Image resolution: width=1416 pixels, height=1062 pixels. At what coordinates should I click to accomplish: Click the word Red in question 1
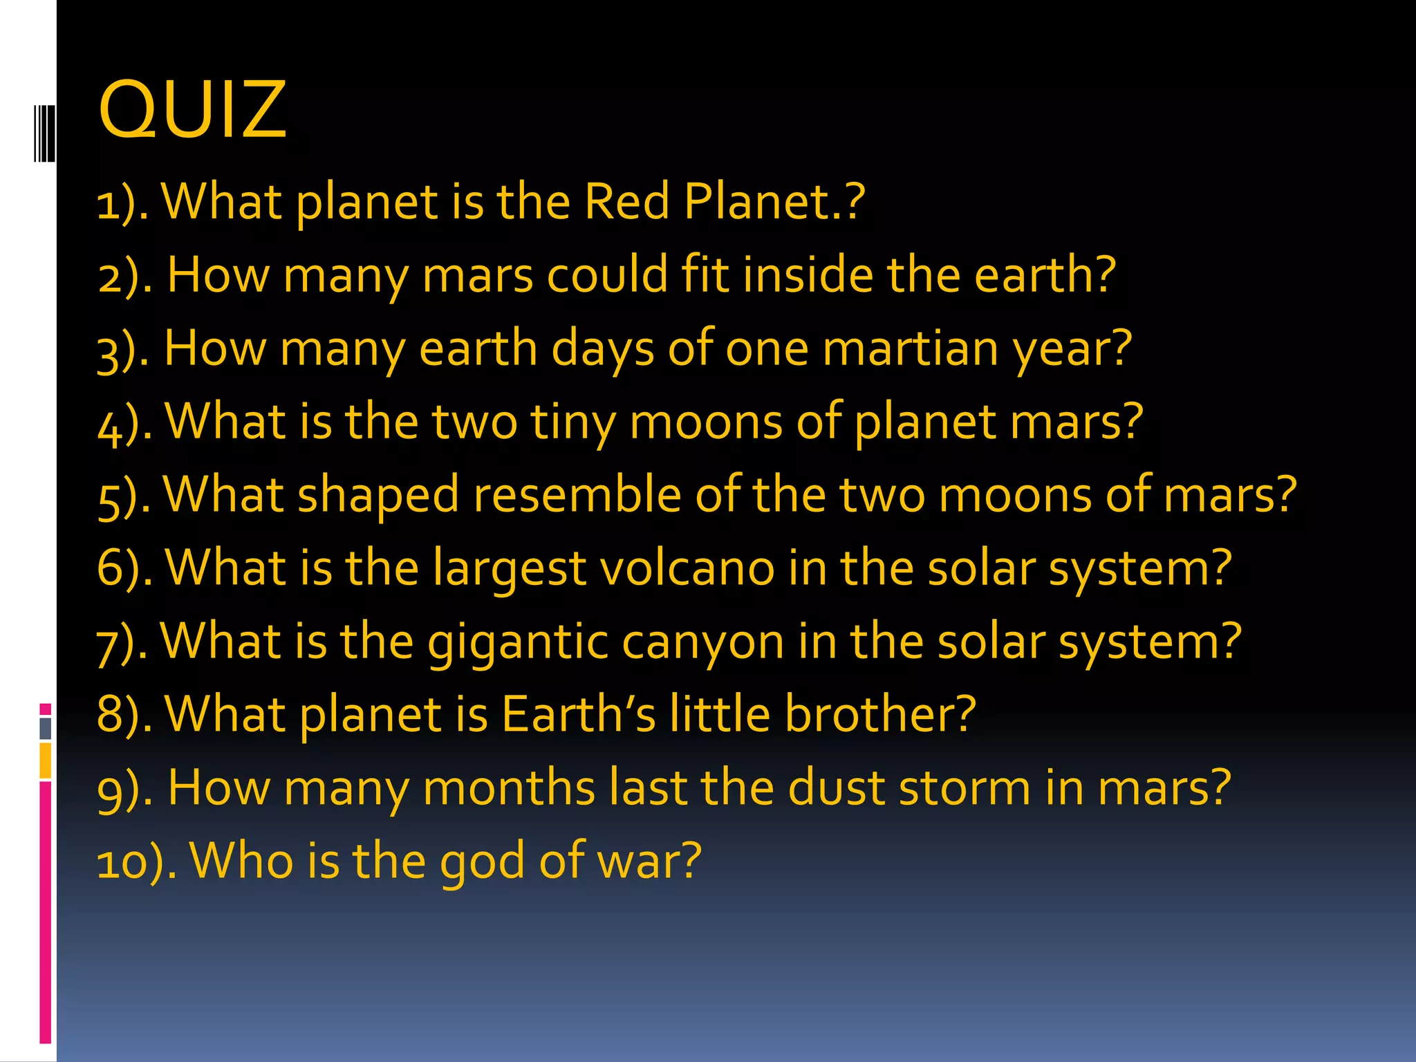pos(626,202)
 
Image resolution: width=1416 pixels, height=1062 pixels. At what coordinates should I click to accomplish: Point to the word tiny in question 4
pos(573,422)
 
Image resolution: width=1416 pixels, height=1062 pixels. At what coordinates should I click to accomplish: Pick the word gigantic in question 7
pos(517,642)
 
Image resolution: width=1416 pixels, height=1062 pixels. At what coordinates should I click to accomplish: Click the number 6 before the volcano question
pos(111,568)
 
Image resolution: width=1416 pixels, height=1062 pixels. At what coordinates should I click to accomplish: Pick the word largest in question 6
pos(510,568)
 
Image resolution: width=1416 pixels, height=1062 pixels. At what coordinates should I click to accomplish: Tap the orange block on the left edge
pos(46,761)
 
